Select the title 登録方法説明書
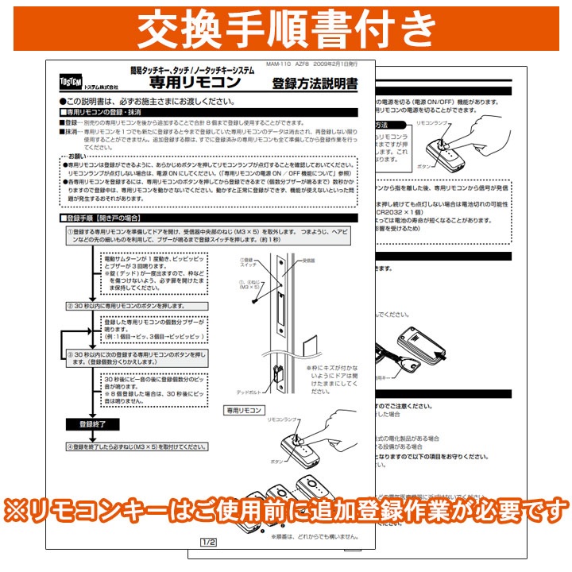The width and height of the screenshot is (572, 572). coord(315,83)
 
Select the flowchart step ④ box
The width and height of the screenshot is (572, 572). coord(143,446)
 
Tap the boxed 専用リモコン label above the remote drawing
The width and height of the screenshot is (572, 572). coord(244,412)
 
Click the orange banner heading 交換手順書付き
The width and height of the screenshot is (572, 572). coord(286,29)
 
